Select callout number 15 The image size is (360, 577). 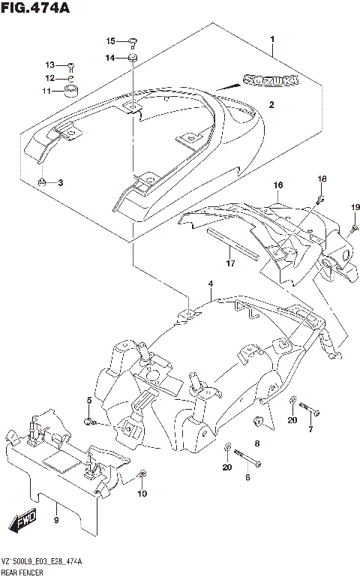pos(109,41)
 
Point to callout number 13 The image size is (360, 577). pos(50,65)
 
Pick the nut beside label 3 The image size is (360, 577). pos(44,182)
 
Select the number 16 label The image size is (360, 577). pos(277,185)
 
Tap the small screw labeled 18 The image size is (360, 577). pos(321,199)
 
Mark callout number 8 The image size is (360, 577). pos(256,444)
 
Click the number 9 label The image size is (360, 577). pos(56,520)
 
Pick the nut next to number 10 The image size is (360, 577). pos(142,474)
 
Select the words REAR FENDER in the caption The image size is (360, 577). pos(22,572)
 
